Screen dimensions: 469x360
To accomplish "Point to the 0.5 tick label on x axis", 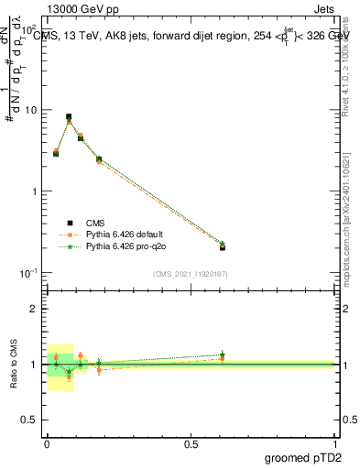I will [x=191, y=444].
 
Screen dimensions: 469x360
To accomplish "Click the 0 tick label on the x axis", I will [x=47, y=444].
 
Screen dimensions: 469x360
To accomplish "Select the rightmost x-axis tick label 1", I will [x=335, y=444].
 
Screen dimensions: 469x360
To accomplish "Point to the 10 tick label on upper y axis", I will [x=32, y=111].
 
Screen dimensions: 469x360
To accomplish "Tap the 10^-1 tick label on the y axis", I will [x=31, y=274].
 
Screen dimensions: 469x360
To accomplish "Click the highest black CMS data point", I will [x=69, y=117].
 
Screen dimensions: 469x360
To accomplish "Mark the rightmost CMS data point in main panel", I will [x=223, y=247].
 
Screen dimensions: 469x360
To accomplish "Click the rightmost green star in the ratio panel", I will [x=223, y=354].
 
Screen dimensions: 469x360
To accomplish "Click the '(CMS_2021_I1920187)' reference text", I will [x=190, y=273].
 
